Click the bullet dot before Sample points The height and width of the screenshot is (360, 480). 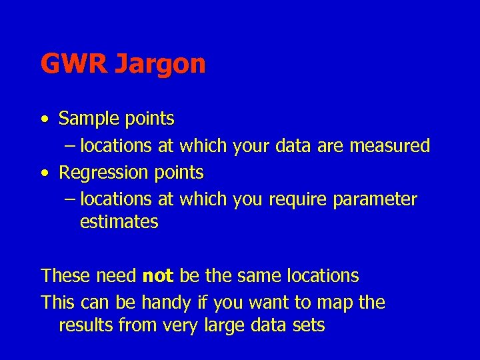pyautogui.click(x=43, y=120)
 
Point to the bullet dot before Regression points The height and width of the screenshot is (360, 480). pyautogui.click(x=43, y=173)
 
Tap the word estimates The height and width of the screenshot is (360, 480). pyautogui.click(x=119, y=222)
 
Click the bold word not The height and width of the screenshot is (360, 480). pyautogui.click(x=157, y=276)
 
